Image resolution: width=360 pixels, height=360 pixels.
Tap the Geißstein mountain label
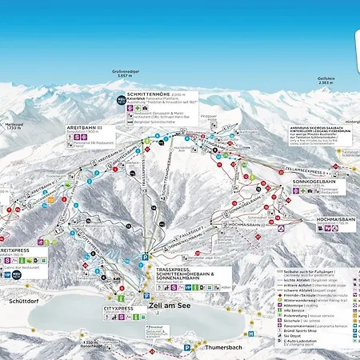click(326, 78)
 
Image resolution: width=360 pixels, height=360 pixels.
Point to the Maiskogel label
click(10, 124)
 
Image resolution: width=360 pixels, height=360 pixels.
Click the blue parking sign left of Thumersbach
click(188, 348)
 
